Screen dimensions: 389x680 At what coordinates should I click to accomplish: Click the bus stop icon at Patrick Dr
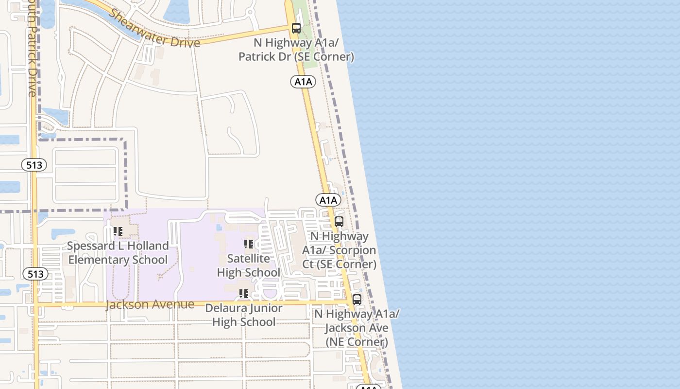click(x=296, y=28)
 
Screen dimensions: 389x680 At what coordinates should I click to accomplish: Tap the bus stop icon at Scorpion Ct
click(x=339, y=222)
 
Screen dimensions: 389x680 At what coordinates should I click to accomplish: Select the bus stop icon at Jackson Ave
click(x=357, y=300)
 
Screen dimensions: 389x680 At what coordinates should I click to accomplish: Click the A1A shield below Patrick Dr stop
click(x=304, y=82)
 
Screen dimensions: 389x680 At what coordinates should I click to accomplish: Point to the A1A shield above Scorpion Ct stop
click(x=328, y=200)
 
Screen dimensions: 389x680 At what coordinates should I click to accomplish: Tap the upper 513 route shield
click(x=34, y=165)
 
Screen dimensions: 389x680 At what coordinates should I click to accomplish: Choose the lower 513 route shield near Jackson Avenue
click(x=35, y=274)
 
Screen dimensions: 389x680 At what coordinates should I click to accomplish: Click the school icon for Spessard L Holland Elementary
click(x=118, y=231)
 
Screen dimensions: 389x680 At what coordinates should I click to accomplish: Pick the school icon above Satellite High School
click(x=249, y=244)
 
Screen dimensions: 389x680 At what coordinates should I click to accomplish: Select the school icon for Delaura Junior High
click(x=244, y=294)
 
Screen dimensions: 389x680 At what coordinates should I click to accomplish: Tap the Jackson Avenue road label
click(x=150, y=305)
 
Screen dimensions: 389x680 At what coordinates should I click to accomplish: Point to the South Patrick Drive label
click(x=32, y=49)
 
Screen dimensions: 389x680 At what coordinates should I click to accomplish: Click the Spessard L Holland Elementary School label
click(x=118, y=253)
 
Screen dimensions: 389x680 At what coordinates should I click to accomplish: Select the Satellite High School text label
click(x=249, y=265)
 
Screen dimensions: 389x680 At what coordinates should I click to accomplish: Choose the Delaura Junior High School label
click(x=244, y=315)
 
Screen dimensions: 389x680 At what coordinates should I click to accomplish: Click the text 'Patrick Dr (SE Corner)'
click(x=296, y=57)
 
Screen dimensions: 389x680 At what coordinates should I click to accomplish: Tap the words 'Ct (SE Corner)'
click(x=340, y=264)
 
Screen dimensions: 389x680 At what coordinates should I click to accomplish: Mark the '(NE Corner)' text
click(x=357, y=342)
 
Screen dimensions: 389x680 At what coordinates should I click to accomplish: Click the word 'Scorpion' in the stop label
click(x=353, y=250)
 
